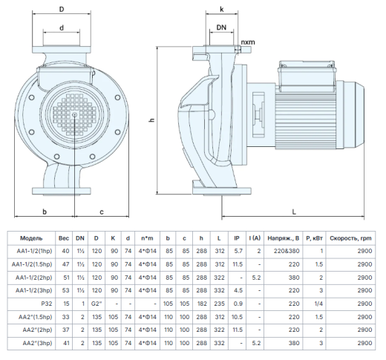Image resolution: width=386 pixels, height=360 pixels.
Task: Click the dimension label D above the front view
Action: [x=62, y=10]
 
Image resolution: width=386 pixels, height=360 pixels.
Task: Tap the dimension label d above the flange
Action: [x=62, y=27]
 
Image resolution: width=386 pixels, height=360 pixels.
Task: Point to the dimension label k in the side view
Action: [x=222, y=10]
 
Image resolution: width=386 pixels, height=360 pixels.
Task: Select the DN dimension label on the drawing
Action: [x=221, y=27]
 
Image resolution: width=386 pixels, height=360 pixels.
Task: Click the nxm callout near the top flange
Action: [x=248, y=42]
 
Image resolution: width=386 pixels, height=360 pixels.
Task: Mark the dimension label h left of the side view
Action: [x=152, y=120]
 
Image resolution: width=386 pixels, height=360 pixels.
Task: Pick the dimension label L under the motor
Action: [x=294, y=212]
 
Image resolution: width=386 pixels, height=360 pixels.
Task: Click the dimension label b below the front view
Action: [x=45, y=212]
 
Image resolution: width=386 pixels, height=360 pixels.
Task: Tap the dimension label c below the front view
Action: [x=102, y=212]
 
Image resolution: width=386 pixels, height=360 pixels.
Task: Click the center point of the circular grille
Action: [x=74, y=114]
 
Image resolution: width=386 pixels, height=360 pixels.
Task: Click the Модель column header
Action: [x=31, y=238]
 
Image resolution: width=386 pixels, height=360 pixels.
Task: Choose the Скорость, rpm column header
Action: [x=350, y=238]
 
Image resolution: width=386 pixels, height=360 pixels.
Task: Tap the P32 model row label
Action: [x=47, y=304]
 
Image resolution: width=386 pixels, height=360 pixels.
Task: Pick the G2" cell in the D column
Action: [x=96, y=304]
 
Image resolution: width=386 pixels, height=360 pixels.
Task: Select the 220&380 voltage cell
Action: [x=287, y=251]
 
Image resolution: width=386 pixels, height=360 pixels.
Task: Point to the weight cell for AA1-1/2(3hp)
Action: [x=66, y=290]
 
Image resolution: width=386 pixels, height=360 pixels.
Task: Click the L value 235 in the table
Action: [x=220, y=304]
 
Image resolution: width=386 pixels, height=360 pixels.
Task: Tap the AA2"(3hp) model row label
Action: [x=37, y=343]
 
